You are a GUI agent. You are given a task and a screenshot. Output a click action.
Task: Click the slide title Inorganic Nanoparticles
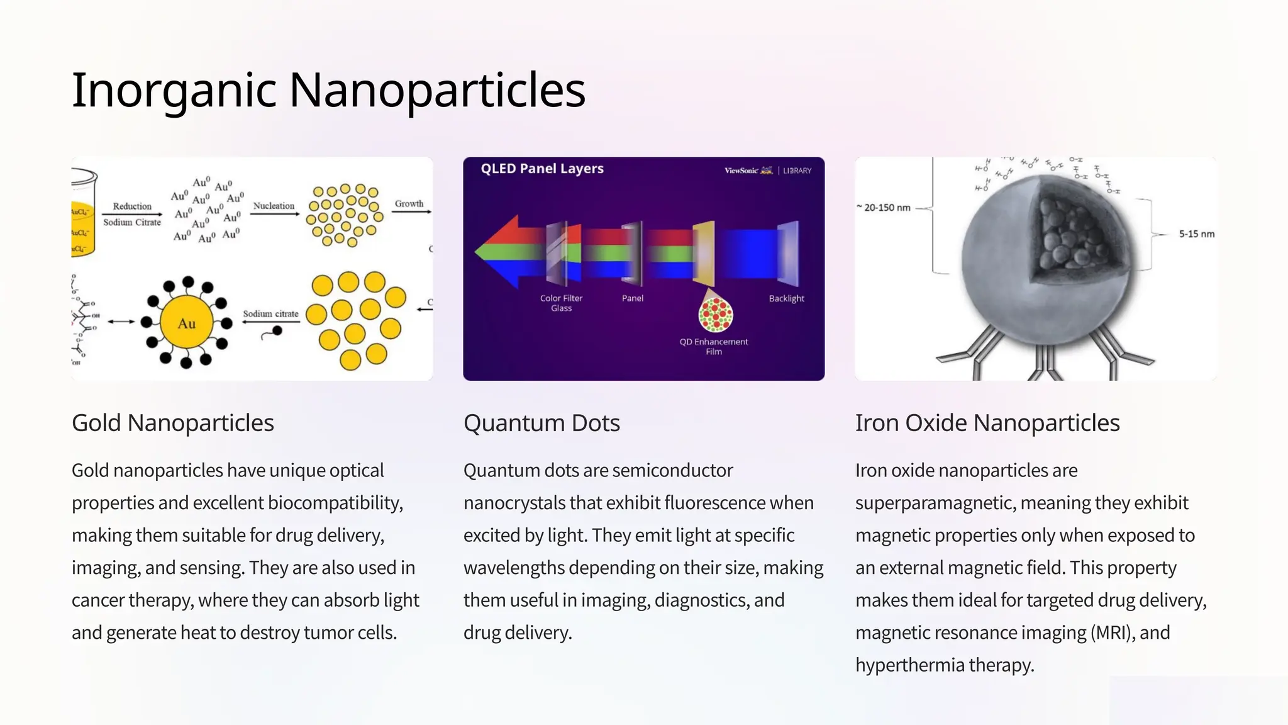click(328, 90)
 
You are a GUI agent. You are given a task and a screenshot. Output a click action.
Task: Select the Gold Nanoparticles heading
click(173, 423)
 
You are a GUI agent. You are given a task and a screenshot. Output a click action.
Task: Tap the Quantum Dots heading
click(541, 423)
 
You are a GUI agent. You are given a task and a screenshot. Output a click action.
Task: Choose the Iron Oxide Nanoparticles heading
click(987, 423)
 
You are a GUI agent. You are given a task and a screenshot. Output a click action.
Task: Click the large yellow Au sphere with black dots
click(186, 323)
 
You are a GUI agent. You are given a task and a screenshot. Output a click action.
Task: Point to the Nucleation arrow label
click(274, 206)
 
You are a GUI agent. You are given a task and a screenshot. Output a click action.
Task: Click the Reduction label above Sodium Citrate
click(132, 206)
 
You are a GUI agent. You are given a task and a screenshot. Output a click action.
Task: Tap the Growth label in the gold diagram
click(409, 203)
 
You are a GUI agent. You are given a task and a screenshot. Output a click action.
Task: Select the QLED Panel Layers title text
click(542, 169)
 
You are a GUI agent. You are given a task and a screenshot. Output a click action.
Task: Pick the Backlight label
click(786, 298)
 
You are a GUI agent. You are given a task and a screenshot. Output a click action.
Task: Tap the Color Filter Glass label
click(561, 303)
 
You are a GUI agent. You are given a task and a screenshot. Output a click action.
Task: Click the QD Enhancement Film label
click(714, 346)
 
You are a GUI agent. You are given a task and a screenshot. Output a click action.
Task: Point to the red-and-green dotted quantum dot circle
click(716, 314)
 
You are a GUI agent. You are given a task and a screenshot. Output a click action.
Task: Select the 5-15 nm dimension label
click(1196, 234)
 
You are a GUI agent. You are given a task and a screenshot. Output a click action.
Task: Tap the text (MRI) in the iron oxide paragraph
click(1111, 632)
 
